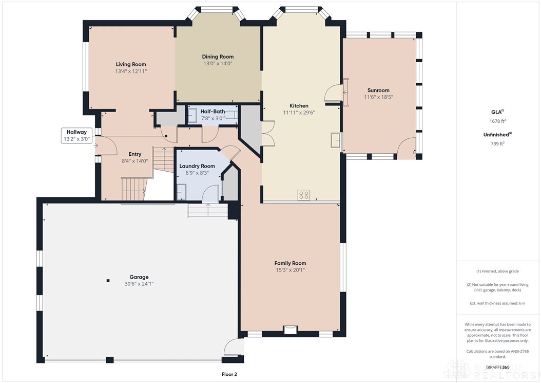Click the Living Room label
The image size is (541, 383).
pyautogui.click(x=131, y=64)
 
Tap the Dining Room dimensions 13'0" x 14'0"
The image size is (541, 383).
pyautogui.click(x=218, y=64)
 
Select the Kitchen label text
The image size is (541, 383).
pyautogui.click(x=298, y=105)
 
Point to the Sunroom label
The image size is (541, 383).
pyautogui.click(x=378, y=90)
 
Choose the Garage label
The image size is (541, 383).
pyautogui.click(x=139, y=277)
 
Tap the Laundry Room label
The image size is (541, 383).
pyautogui.click(x=197, y=166)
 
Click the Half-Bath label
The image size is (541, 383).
pyautogui.click(x=212, y=112)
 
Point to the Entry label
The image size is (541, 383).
pyautogui.click(x=134, y=154)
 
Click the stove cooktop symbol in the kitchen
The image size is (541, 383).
pyautogui.click(x=304, y=195)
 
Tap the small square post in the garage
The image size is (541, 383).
pyautogui.click(x=108, y=281)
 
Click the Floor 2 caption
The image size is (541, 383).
pyautogui.click(x=228, y=374)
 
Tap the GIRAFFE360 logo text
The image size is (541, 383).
pyautogui.click(x=498, y=367)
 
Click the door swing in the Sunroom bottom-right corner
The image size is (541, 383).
pyautogui.click(x=407, y=148)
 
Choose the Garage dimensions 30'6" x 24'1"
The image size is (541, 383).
pyautogui.click(x=139, y=284)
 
